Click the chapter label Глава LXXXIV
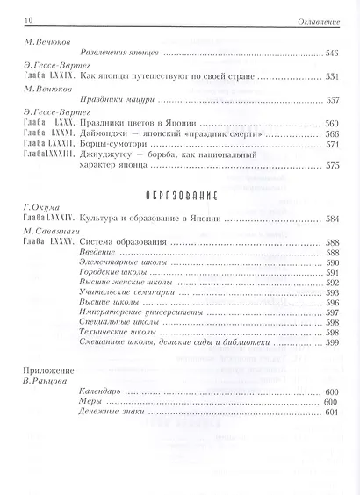(x=48, y=220)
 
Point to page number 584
(x=333, y=220)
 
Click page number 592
(x=333, y=283)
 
